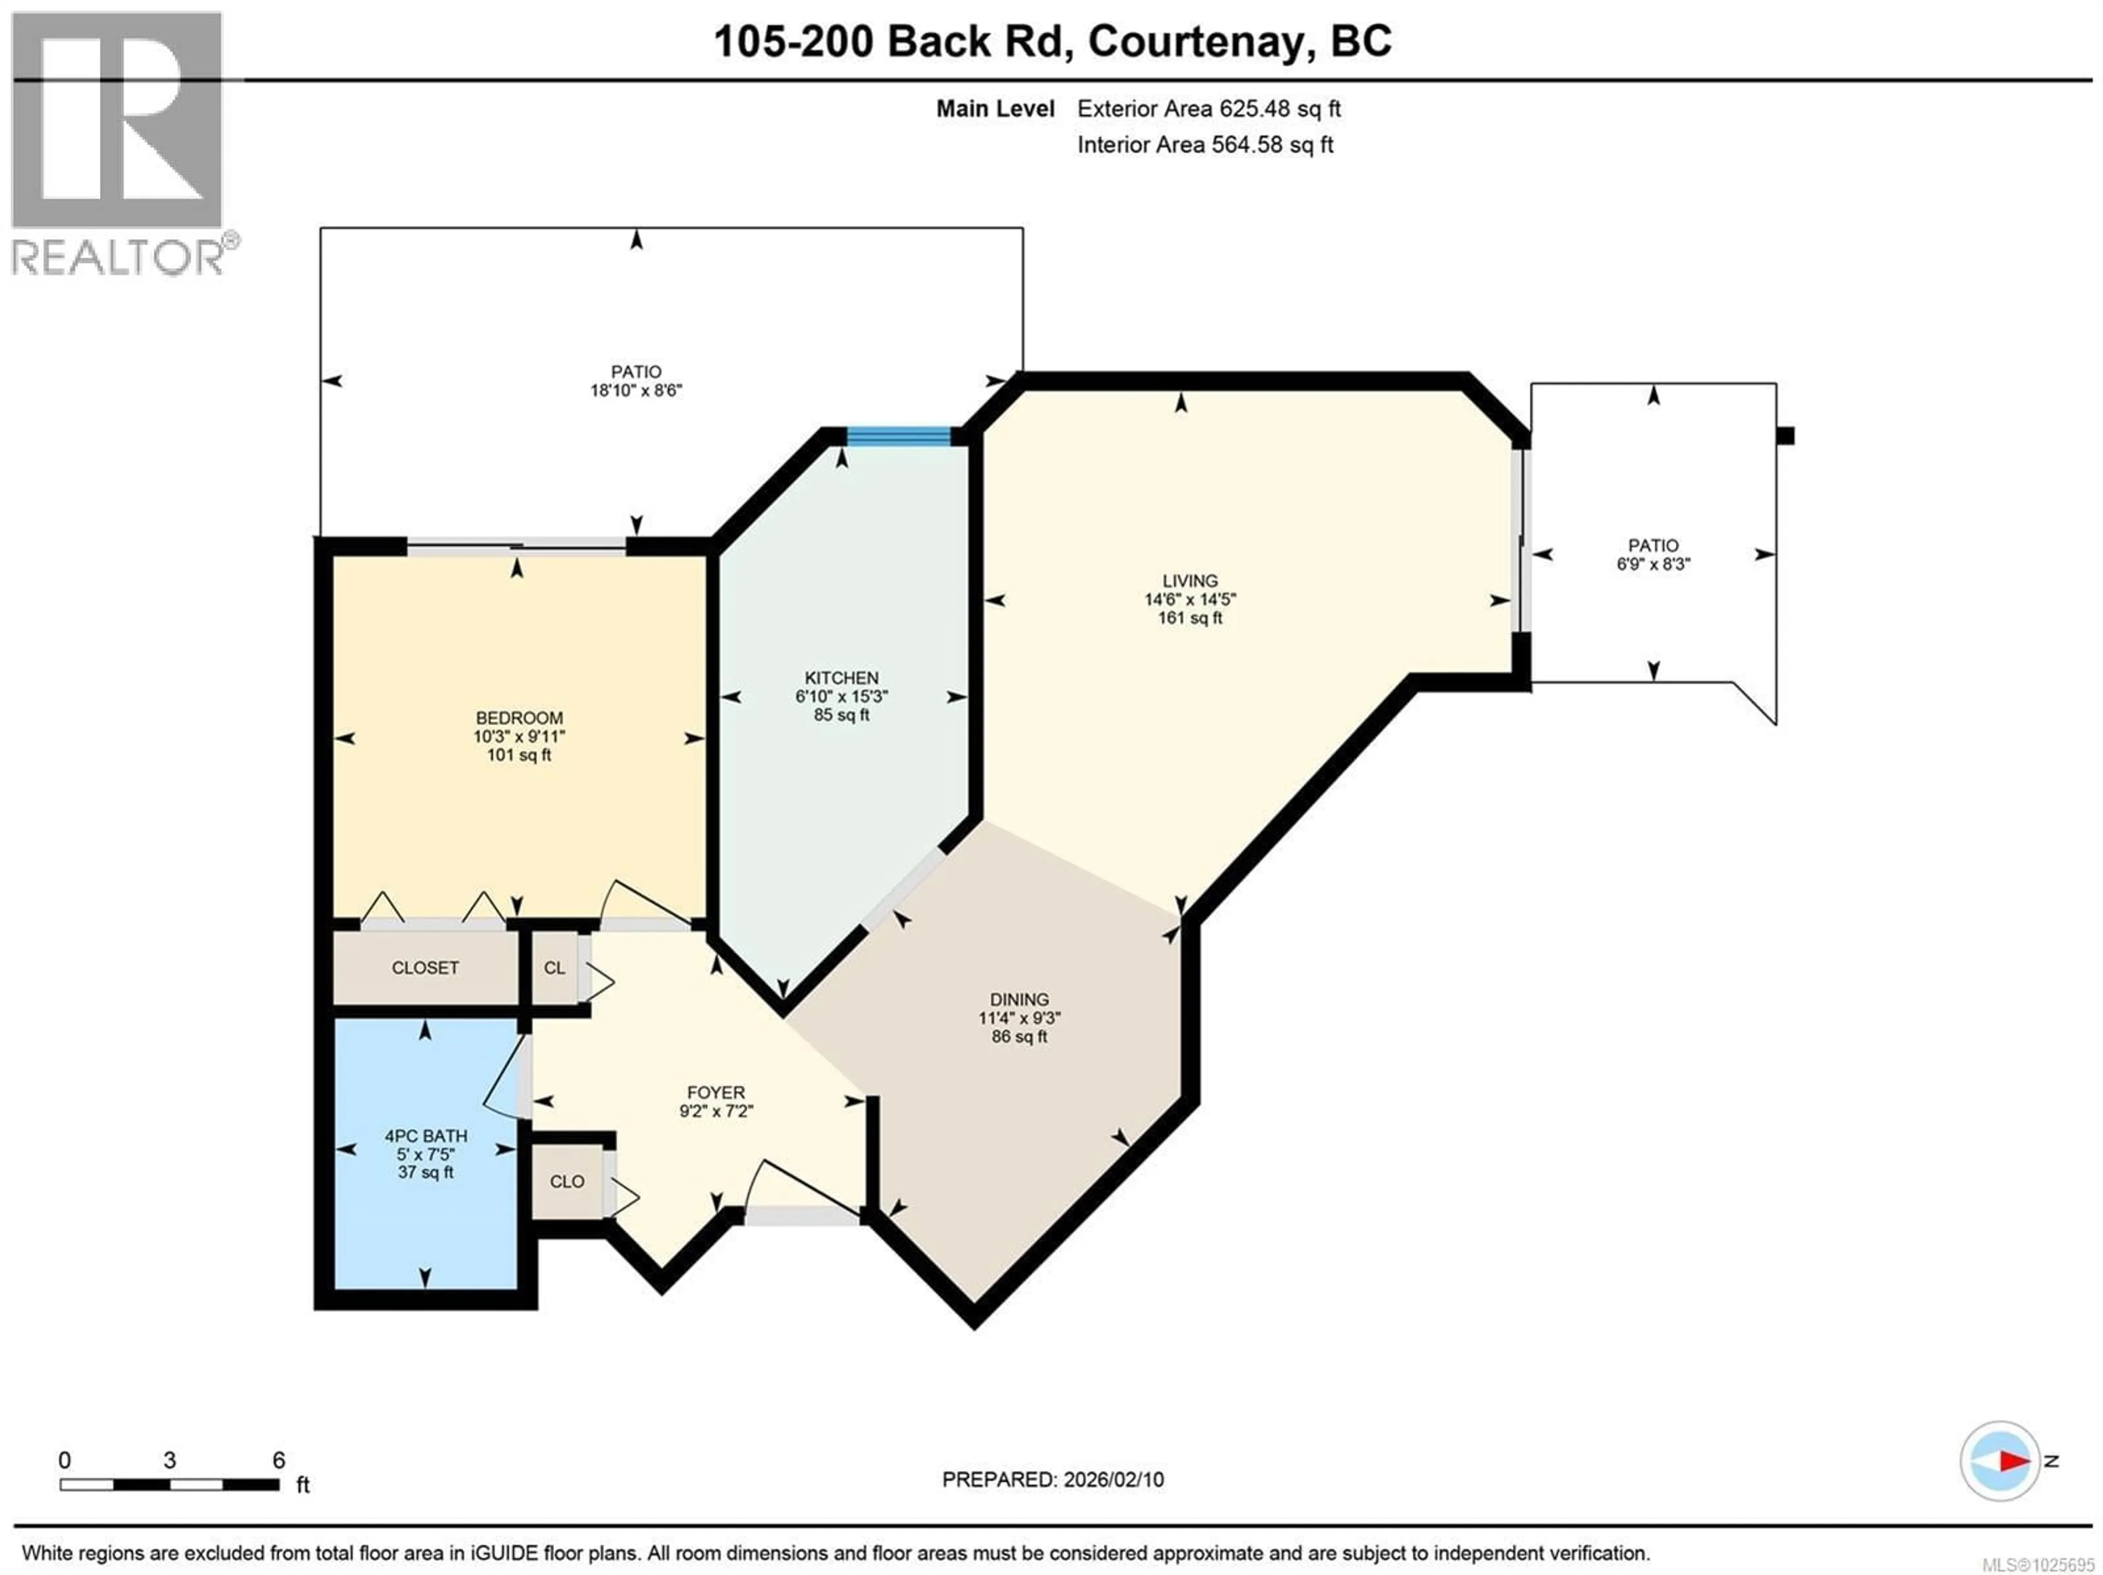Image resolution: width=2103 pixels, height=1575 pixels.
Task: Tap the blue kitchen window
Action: pyautogui.click(x=899, y=437)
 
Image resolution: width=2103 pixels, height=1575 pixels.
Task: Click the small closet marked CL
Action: pyautogui.click(x=554, y=968)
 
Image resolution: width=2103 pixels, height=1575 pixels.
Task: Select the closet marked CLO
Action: pyautogui.click(x=567, y=1181)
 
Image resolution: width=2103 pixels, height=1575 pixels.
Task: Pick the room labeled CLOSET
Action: pyautogui.click(x=425, y=968)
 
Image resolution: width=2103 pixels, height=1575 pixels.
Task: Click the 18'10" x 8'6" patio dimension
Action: pyautogui.click(x=636, y=390)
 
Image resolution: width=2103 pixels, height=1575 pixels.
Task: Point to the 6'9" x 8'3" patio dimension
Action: pyautogui.click(x=1653, y=564)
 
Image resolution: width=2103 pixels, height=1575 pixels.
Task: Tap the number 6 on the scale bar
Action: pyautogui.click(x=279, y=1460)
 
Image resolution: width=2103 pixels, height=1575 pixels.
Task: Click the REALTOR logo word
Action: pyautogui.click(x=119, y=257)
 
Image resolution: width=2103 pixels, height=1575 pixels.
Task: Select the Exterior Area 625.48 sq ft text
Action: pyautogui.click(x=1208, y=108)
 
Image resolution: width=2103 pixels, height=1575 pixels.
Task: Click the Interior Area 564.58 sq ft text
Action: pyautogui.click(x=1204, y=145)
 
